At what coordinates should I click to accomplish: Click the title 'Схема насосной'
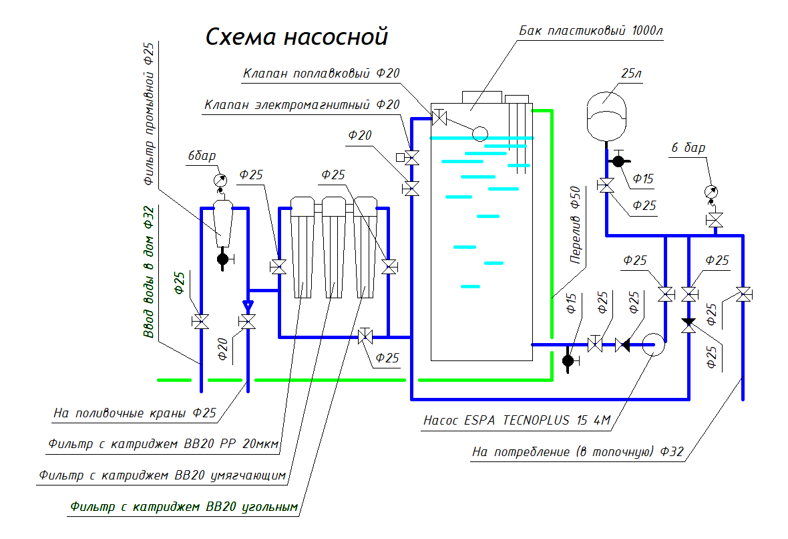click(x=296, y=36)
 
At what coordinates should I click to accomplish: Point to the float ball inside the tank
click(x=479, y=133)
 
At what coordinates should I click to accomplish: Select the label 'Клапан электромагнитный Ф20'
click(x=302, y=105)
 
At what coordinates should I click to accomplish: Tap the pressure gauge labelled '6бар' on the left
click(x=220, y=181)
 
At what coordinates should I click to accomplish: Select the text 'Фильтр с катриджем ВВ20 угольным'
click(x=183, y=507)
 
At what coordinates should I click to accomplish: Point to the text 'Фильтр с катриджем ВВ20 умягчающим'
click(x=162, y=475)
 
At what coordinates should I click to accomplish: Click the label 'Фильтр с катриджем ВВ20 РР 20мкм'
click(x=163, y=444)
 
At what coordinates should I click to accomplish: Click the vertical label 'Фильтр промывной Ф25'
click(x=149, y=114)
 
